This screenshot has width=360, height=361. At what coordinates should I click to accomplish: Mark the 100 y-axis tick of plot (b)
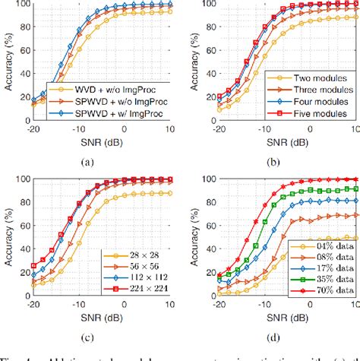click(201, 5)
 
